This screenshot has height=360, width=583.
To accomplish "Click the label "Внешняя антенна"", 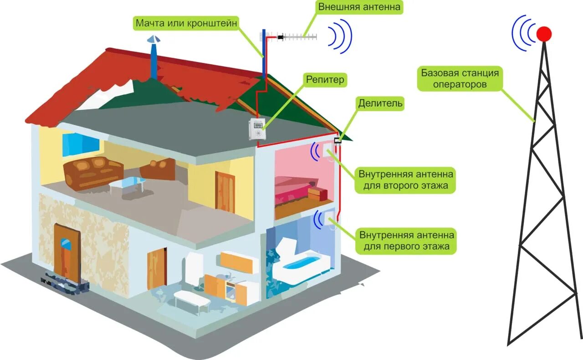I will click(359, 7).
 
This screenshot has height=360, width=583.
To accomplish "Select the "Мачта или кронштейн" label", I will click(186, 23).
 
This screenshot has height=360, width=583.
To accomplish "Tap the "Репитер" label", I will click(325, 81).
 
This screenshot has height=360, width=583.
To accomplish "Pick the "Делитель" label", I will click(380, 103).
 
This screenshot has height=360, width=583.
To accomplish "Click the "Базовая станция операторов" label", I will click(460, 78).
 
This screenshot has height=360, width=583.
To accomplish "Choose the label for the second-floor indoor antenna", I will click(406, 180).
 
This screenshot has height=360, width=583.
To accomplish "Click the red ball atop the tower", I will click(544, 34).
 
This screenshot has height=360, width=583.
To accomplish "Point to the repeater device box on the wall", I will click(257, 129).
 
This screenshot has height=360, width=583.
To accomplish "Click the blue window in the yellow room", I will click(81, 144).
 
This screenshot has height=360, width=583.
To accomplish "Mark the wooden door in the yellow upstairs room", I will click(225, 191).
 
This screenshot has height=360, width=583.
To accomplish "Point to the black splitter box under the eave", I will click(338, 141).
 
